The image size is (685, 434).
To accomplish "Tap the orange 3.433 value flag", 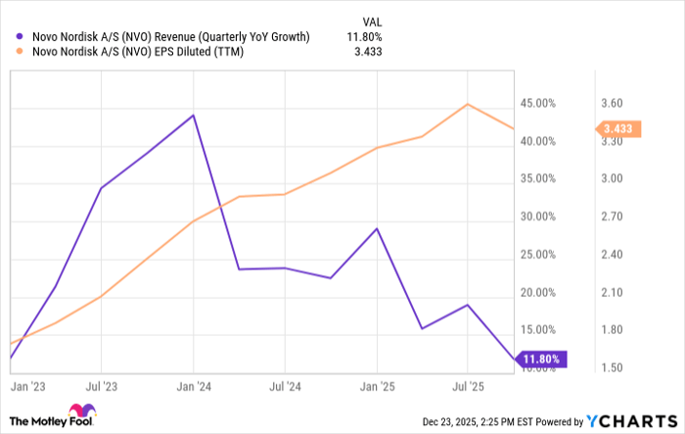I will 618,128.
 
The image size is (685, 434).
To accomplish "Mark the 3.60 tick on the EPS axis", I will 613,103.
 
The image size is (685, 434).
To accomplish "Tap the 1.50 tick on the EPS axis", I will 613,368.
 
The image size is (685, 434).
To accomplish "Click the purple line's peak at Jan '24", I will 194,116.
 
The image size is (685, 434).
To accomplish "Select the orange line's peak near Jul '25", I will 469,104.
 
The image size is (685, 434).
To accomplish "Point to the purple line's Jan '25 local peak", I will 377,228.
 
